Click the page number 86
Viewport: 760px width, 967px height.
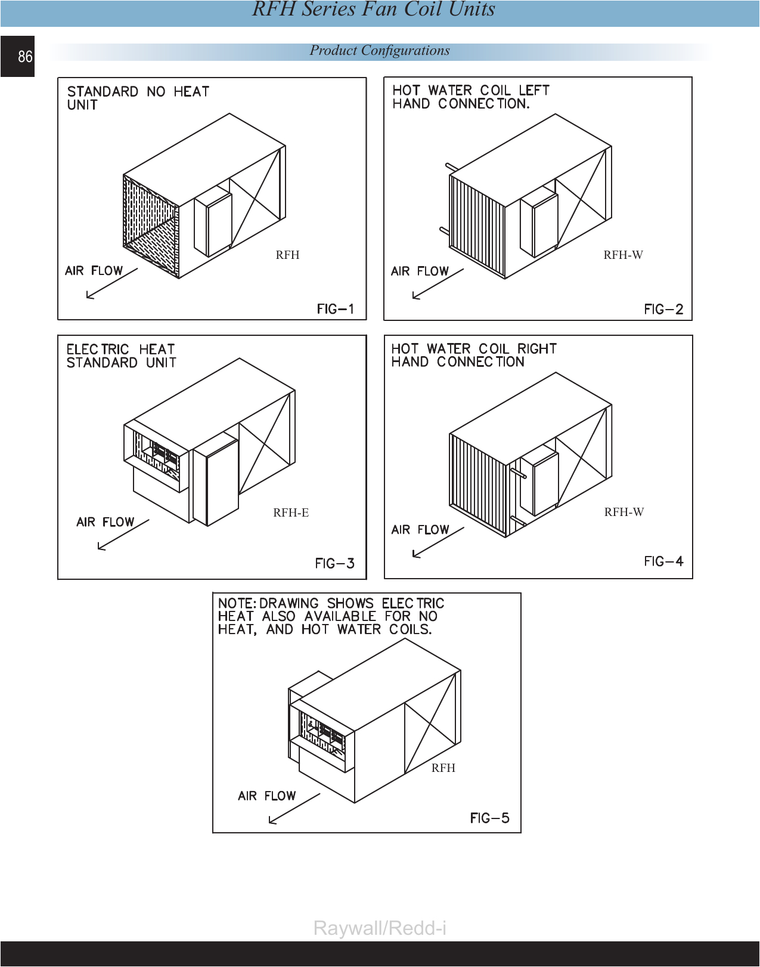pos(25,57)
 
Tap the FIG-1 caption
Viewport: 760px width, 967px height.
pos(335,309)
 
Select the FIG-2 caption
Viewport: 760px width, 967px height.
pos(663,309)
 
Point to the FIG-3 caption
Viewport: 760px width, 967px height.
pos(334,563)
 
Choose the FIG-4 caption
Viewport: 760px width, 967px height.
pos(663,561)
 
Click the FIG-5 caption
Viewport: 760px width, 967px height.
pos(489,818)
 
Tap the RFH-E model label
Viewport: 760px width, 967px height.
pos(291,512)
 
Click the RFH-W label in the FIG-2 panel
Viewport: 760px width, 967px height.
pos(623,255)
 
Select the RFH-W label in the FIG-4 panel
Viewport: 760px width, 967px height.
pos(623,512)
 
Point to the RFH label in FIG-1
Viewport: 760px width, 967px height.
pos(287,255)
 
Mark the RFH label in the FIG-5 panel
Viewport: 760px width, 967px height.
pos(443,768)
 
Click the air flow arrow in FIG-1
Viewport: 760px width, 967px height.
pos(111,283)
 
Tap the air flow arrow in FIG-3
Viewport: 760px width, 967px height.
pos(123,535)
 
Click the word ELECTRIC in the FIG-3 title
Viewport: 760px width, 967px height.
pos(98,349)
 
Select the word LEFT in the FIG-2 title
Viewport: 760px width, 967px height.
pos(534,90)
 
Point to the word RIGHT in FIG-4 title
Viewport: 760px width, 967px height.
pos(536,348)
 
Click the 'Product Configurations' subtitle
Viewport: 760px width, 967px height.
pos(380,51)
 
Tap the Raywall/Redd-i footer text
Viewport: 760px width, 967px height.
pos(380,928)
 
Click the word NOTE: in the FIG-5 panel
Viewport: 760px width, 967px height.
pos(237,603)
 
